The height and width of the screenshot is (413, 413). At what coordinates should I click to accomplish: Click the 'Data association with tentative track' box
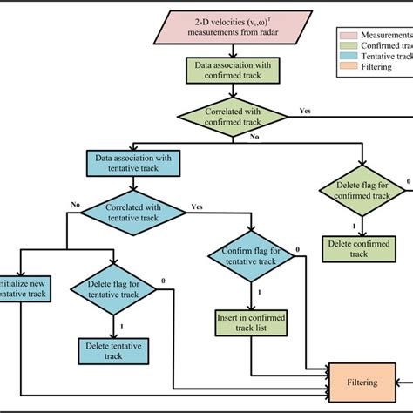(132, 163)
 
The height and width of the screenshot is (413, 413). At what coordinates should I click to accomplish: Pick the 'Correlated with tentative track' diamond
(132, 213)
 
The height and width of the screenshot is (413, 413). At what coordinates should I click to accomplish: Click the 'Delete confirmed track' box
(358, 247)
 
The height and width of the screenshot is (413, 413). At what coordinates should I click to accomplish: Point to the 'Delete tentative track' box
(114, 350)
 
